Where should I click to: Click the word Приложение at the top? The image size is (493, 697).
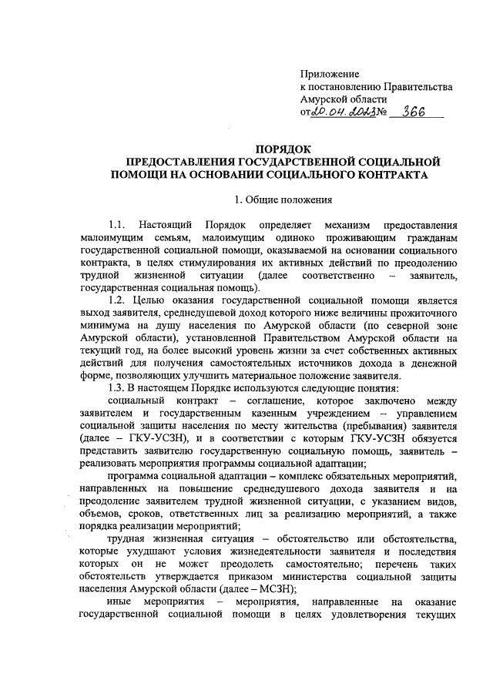click(x=330, y=74)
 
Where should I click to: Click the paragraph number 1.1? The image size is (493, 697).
click(x=117, y=225)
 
